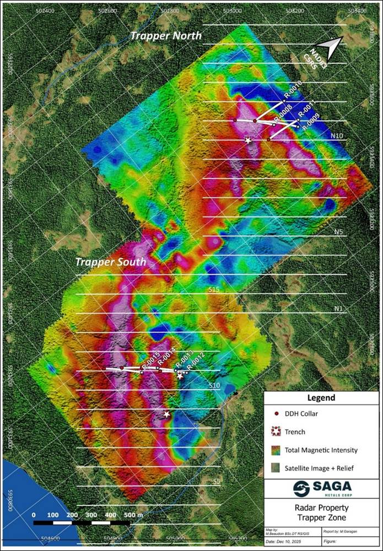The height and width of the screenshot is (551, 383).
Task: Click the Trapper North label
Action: point(166,36)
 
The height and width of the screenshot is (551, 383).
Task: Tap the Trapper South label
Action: point(111,262)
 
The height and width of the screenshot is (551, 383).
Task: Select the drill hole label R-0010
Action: point(293,91)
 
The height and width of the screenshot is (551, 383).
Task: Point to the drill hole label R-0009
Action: point(308,120)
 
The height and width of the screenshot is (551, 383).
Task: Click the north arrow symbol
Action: point(330,50)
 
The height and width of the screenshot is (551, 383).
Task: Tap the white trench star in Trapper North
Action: point(248,141)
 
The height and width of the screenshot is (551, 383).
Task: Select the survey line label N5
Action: point(338,232)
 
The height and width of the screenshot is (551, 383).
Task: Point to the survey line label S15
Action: point(214,289)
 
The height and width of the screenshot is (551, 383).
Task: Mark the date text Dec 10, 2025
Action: point(288,544)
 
